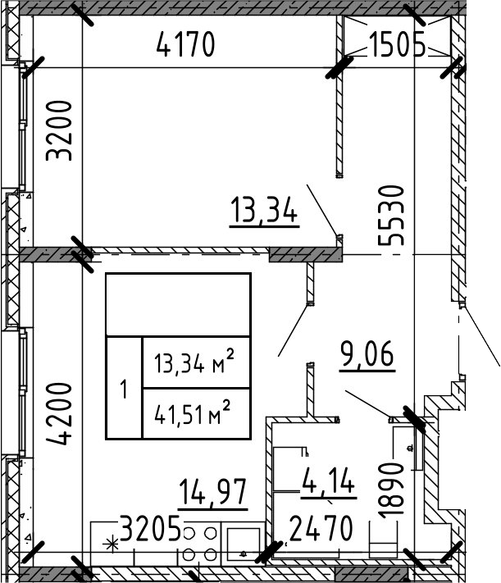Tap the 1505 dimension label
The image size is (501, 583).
[397, 44]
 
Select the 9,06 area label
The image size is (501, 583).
[367, 356]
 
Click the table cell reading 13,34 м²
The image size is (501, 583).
[196, 361]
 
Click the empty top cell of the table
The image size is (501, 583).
[177, 303]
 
